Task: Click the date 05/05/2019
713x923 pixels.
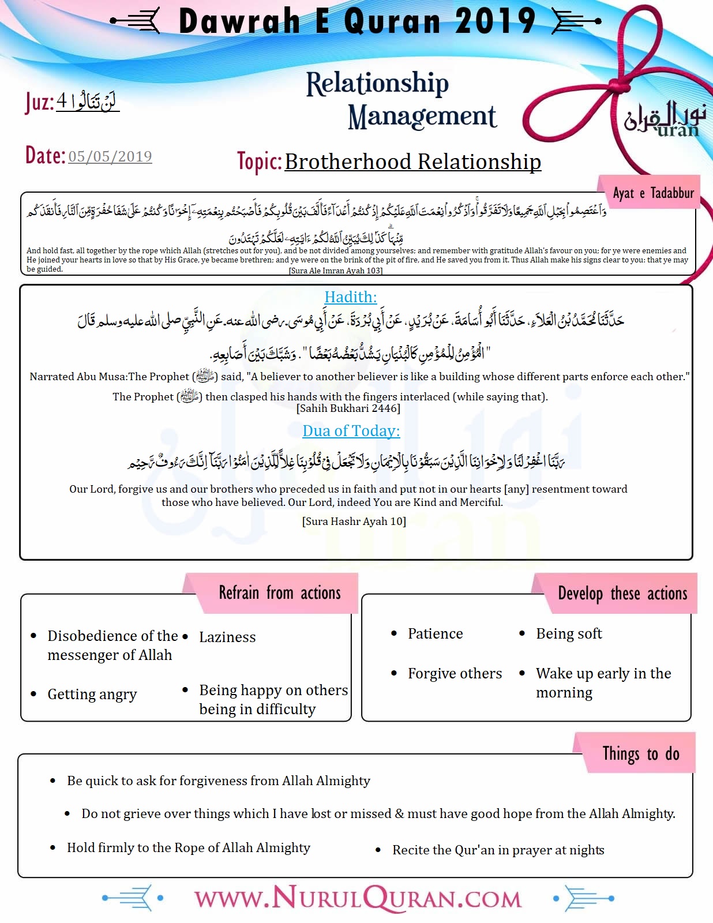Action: tap(110, 156)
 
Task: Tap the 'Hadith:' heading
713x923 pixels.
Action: tap(350, 297)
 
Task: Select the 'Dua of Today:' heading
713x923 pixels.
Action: tap(351, 431)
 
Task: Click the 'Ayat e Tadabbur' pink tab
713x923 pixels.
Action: tap(653, 193)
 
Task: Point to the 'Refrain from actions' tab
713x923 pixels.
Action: tap(279, 593)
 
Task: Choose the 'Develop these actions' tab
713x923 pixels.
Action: tap(622, 594)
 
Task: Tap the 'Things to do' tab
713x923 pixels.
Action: tap(640, 753)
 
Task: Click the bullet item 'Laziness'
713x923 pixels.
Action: tap(227, 637)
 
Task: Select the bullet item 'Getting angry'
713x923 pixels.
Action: tap(92, 694)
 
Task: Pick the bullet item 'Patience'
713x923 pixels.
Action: tap(435, 633)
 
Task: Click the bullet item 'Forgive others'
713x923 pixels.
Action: tap(455, 673)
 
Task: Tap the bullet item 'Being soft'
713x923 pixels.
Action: tap(569, 633)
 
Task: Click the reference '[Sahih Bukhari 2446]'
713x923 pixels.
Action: tap(348, 408)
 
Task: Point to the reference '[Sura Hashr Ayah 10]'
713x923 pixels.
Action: tap(354, 521)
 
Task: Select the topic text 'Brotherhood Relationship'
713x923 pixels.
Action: tap(412, 162)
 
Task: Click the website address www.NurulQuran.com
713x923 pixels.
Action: tap(358, 899)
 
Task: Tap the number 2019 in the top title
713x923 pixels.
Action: tap(495, 21)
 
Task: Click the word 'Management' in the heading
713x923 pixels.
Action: tap(422, 117)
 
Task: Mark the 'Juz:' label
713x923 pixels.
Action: tap(39, 103)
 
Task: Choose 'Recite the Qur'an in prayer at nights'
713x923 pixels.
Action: tap(498, 850)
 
